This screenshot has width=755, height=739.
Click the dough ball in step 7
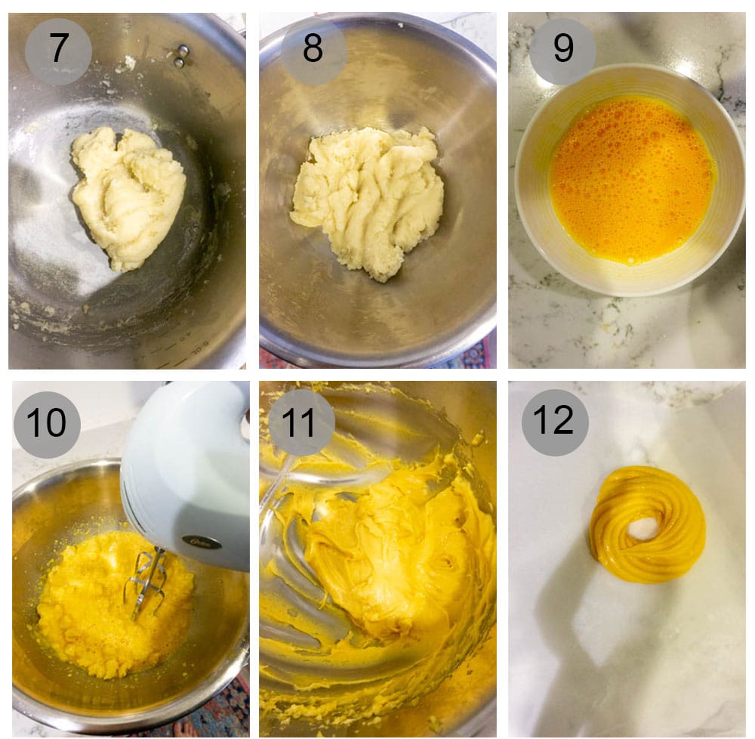[x=128, y=196]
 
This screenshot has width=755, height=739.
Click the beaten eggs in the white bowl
[x=630, y=178]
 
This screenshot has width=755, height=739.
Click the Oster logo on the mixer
[x=202, y=541]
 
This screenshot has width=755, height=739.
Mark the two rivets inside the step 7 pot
[x=180, y=56]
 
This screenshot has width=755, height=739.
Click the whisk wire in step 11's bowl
[x=276, y=484]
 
